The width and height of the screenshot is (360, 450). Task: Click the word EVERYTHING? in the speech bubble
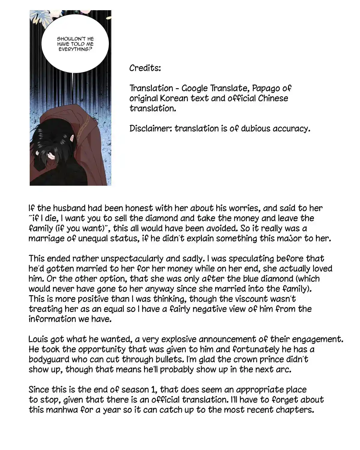[75, 49]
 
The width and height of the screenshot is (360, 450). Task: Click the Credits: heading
[145, 68]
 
